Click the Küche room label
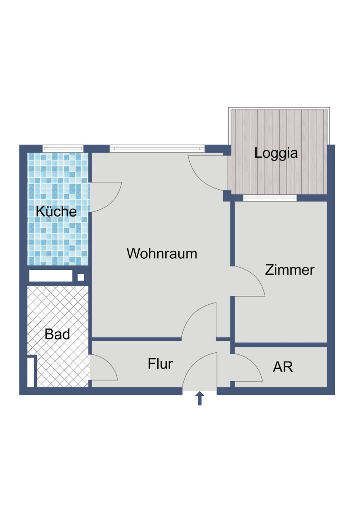[x=56, y=212]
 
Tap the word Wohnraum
[x=162, y=254]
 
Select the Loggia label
[x=276, y=153]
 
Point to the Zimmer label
[x=289, y=270]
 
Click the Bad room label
[x=57, y=334]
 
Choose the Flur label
[x=160, y=364]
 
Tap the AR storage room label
[x=283, y=367]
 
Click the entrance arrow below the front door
[x=199, y=399]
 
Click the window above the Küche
[x=63, y=148]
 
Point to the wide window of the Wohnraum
[x=157, y=148]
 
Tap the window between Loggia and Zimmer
[x=270, y=198]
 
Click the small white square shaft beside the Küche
[x=81, y=277]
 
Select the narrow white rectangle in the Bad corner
[x=31, y=372]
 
